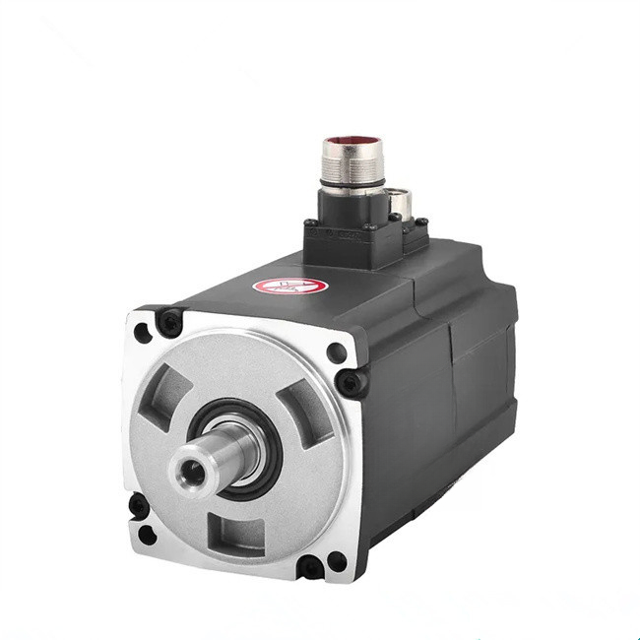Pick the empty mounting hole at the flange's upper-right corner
[x=336, y=352]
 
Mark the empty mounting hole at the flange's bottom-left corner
[x=148, y=535]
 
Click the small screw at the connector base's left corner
[x=312, y=225]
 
